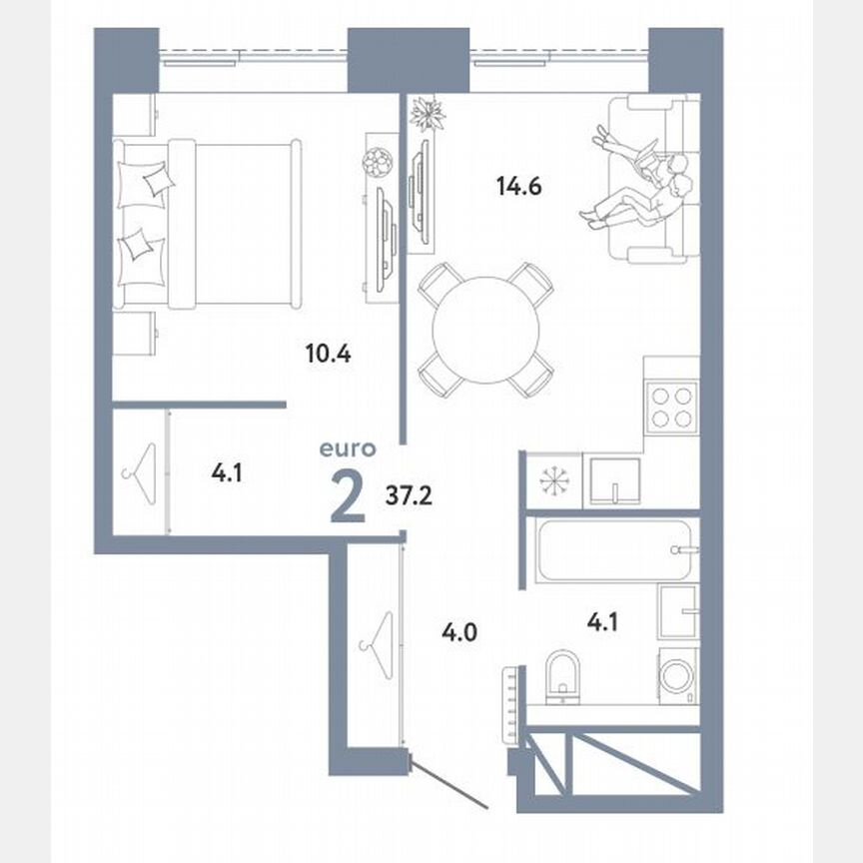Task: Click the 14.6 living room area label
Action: point(518,185)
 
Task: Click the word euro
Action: point(348,449)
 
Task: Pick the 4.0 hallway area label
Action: point(460,630)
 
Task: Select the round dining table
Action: point(483,329)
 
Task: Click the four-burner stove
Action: point(671,408)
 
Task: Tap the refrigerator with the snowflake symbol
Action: point(552,480)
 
